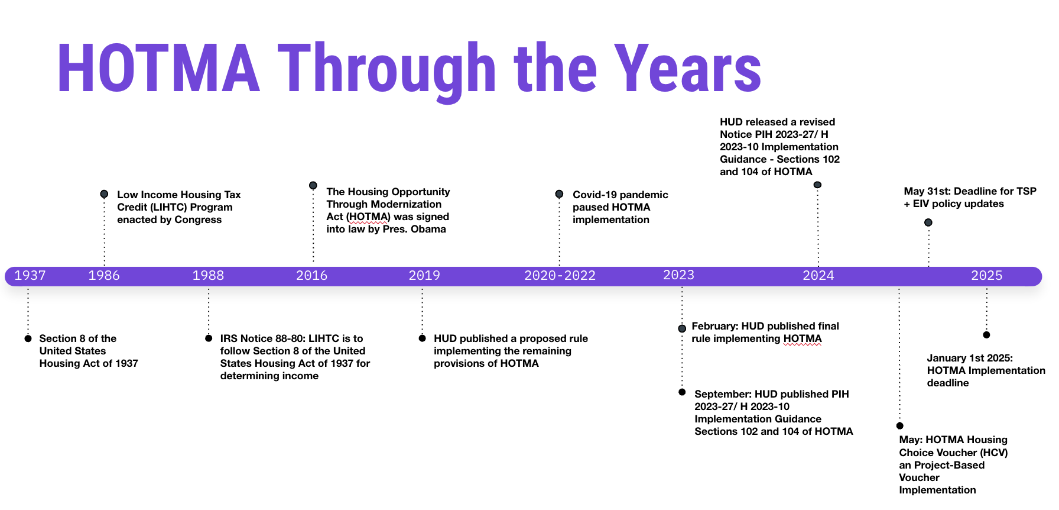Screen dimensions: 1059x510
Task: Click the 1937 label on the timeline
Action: point(30,276)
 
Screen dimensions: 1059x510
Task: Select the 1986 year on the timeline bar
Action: point(104,276)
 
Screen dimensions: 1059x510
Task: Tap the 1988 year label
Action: point(208,276)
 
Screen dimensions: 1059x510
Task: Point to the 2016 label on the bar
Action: point(311,276)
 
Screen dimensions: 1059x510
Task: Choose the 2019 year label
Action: point(424,276)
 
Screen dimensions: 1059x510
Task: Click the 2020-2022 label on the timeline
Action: point(560,276)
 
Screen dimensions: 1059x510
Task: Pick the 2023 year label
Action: point(678,275)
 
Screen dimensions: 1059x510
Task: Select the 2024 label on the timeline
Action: point(818,276)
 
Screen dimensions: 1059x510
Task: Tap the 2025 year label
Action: point(987,276)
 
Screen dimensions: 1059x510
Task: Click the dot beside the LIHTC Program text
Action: point(104,194)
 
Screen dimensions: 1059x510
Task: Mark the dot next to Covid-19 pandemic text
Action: point(559,194)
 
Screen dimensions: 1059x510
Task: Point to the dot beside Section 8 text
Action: point(28,338)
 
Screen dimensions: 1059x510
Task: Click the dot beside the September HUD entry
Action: point(682,392)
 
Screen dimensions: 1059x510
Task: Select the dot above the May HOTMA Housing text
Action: point(899,426)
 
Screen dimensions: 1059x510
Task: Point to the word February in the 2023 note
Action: point(715,326)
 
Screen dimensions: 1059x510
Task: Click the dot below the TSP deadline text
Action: point(928,222)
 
